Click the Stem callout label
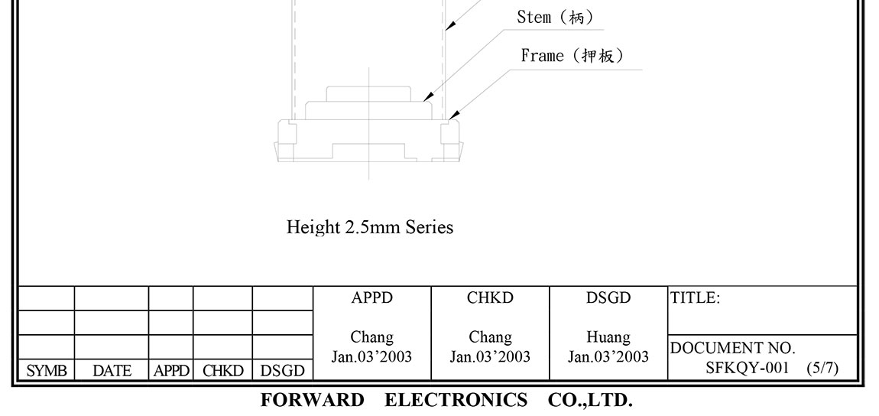click(555, 18)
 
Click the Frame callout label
click(572, 56)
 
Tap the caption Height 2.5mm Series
click(369, 227)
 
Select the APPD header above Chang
click(372, 298)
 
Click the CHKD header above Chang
click(490, 298)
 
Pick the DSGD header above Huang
click(608, 298)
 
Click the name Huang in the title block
click(608, 337)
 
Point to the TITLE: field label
click(695, 298)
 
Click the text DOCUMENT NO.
click(732, 349)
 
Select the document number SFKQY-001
click(747, 368)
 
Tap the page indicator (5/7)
click(822, 368)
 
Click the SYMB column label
click(47, 371)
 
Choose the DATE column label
click(112, 371)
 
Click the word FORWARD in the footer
click(312, 400)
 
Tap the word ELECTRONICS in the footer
click(456, 400)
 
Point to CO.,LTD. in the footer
click(589, 400)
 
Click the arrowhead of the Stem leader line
click(429, 96)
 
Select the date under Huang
click(608, 356)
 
